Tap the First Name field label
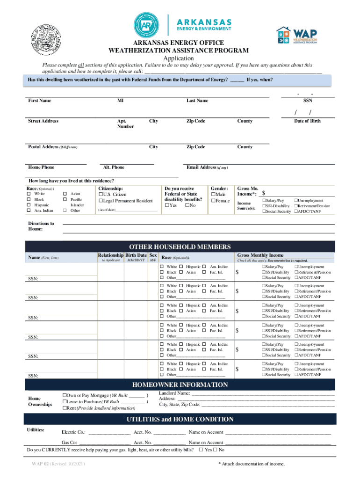pos(40,101)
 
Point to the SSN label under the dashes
pos(308,101)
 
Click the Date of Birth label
pos(307,121)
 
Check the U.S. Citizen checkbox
pos(100,194)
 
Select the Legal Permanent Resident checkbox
pos(100,201)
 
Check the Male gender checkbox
pos(214,194)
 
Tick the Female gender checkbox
pos(214,201)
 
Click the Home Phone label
pos(41,167)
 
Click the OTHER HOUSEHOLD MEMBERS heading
pos(180,247)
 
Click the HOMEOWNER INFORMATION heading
pos(180,385)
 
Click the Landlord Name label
pos(174,393)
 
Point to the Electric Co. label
pos(73,432)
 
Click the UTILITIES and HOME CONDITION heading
pos(180,419)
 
